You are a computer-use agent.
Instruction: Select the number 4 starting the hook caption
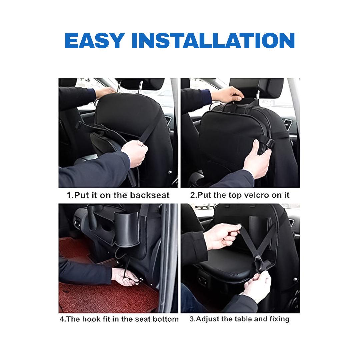pyautogui.click(x=62, y=319)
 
